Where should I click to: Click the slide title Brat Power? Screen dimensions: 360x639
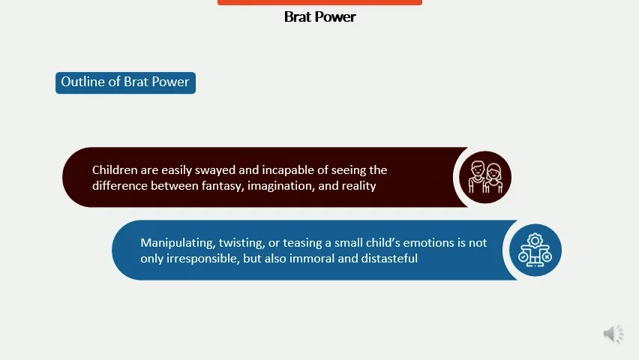click(x=319, y=16)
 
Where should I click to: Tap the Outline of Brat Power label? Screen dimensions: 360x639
click(x=125, y=82)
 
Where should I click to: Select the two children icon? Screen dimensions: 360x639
click(x=484, y=178)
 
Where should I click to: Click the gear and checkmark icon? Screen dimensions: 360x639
click(x=535, y=250)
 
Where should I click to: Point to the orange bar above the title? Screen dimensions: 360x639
click(x=319, y=2)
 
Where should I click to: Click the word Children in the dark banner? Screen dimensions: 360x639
click(x=115, y=170)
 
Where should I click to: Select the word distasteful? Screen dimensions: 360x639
click(x=390, y=258)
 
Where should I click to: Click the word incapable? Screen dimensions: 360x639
click(x=289, y=170)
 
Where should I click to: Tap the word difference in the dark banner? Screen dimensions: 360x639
click(x=119, y=185)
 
